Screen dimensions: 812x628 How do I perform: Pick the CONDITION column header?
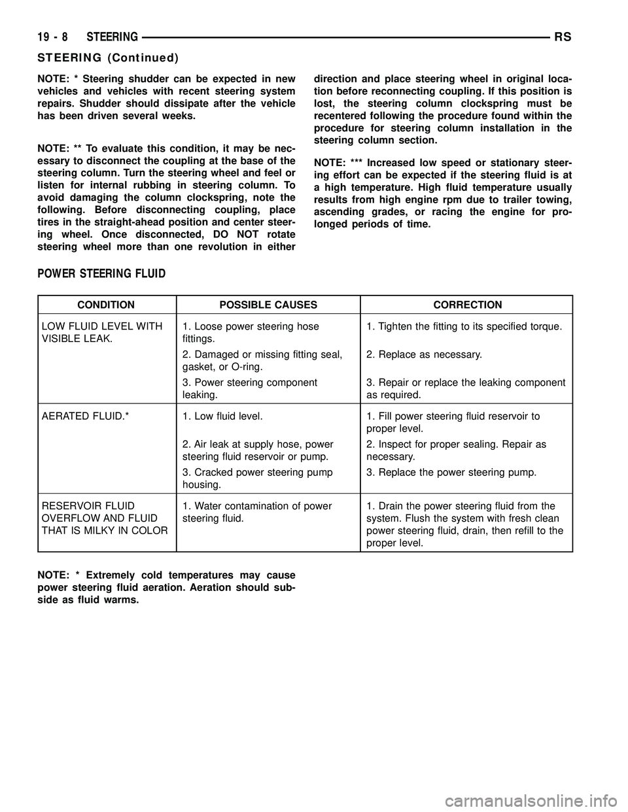click(x=107, y=305)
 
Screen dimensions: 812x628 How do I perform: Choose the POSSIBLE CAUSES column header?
click(x=268, y=305)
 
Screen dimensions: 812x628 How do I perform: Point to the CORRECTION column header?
click(x=466, y=305)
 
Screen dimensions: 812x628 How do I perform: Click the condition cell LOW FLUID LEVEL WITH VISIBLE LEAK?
click(x=102, y=333)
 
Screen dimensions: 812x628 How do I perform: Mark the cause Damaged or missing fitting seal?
click(x=262, y=361)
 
